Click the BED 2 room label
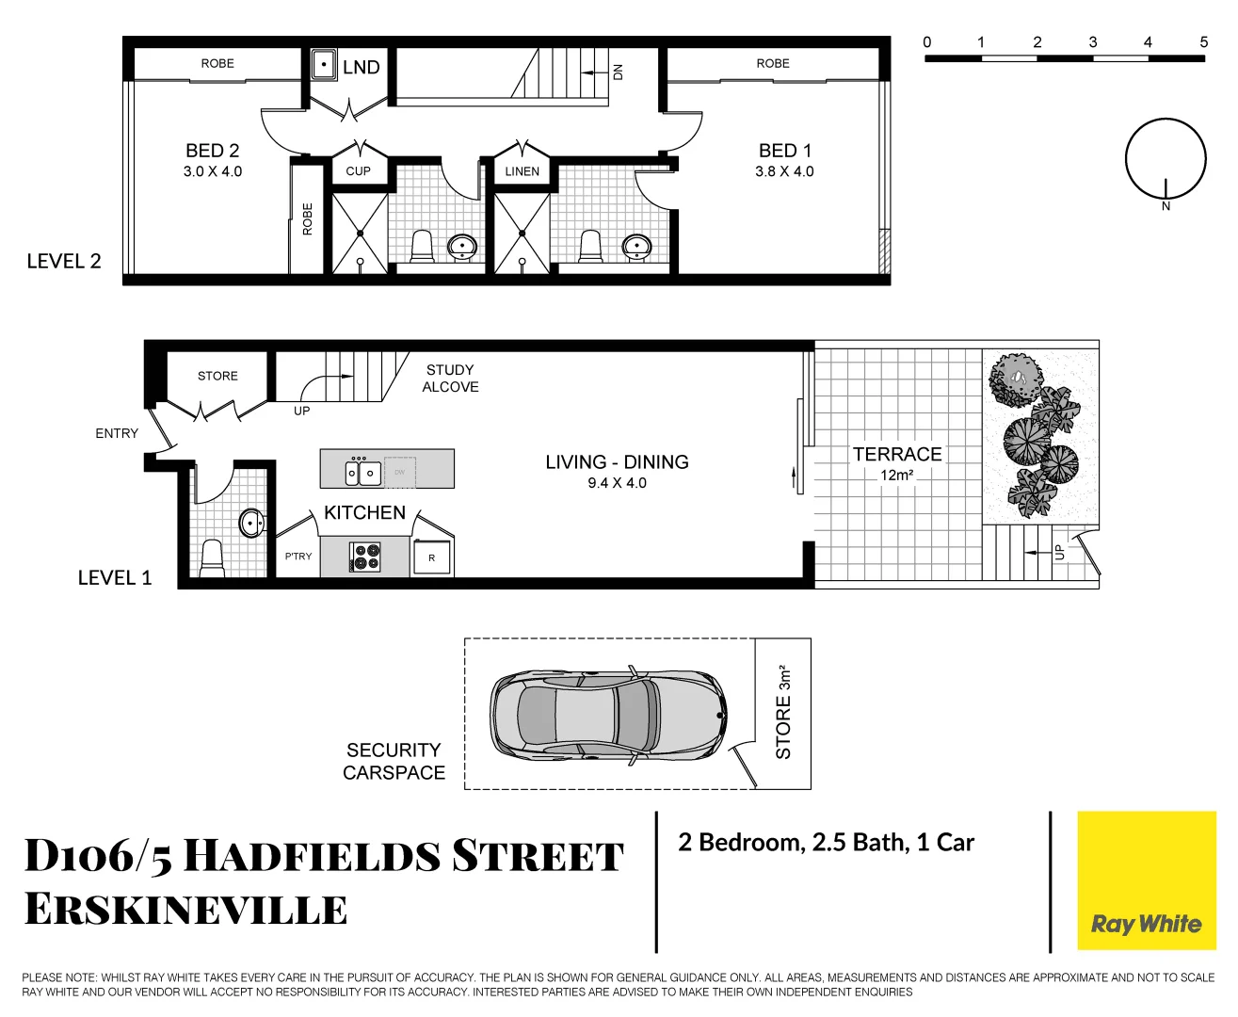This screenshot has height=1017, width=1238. coord(213,151)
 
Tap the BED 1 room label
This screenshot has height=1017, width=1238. coord(784,151)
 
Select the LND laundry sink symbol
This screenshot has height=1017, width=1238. coord(324,65)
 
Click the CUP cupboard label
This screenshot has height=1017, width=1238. coord(358,171)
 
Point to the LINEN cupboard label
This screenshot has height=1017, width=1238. coord(522,171)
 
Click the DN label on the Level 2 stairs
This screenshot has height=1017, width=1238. coord(618,72)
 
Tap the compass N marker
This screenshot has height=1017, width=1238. coord(1166,205)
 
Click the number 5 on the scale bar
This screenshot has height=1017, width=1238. coord(1203,42)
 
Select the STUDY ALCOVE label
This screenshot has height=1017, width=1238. coord(450,379)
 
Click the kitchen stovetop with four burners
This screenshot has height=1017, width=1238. coord(365,557)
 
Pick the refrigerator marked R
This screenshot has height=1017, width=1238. coord(432,558)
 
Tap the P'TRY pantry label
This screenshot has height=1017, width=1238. coord(298,557)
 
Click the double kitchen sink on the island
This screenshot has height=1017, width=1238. coord(362,472)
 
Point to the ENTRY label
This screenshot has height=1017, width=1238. coord(117,433)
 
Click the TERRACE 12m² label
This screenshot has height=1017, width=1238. coord(897,462)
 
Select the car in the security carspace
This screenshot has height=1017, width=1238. coord(608,715)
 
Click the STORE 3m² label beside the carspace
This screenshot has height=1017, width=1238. coord(783,713)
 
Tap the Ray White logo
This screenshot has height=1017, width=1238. coord(1146,924)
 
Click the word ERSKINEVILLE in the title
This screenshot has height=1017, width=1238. coord(185,910)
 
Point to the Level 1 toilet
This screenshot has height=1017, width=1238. coord(213,557)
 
